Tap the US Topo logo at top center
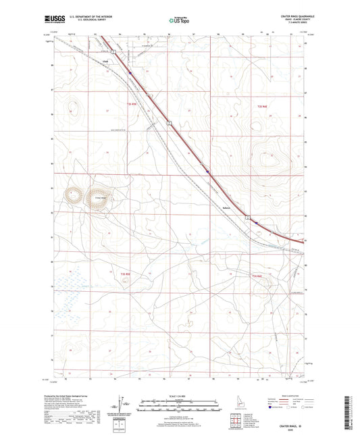(x=179, y=20)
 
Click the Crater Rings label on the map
(x=101, y=197)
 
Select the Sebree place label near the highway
(x=227, y=208)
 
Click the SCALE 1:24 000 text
(x=179, y=395)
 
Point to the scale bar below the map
(x=179, y=406)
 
